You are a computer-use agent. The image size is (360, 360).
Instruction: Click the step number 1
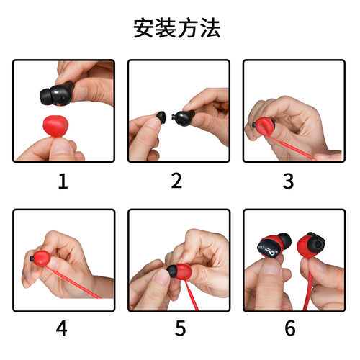(63, 181)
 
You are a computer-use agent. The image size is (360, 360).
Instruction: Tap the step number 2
(176, 181)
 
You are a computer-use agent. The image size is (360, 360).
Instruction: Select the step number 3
(288, 181)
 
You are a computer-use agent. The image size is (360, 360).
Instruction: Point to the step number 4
(61, 328)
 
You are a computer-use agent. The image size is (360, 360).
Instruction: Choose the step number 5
(180, 328)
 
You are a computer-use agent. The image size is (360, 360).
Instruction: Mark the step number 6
(290, 328)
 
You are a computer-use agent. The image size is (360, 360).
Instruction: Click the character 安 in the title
(144, 28)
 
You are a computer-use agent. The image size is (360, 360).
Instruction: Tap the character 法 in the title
(210, 28)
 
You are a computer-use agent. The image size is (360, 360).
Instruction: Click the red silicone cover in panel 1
(55, 125)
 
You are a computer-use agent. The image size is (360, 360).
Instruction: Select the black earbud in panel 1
(56, 94)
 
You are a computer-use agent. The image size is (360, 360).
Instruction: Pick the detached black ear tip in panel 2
(161, 117)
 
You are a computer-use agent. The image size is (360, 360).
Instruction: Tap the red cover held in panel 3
(265, 125)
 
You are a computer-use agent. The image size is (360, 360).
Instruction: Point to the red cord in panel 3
(292, 147)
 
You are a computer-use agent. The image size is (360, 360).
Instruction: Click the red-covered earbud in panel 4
(40, 258)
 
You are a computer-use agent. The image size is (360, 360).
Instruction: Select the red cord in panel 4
(73, 281)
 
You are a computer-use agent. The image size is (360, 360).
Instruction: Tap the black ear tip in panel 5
(172, 271)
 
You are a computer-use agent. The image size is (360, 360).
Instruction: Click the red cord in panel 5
(192, 294)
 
